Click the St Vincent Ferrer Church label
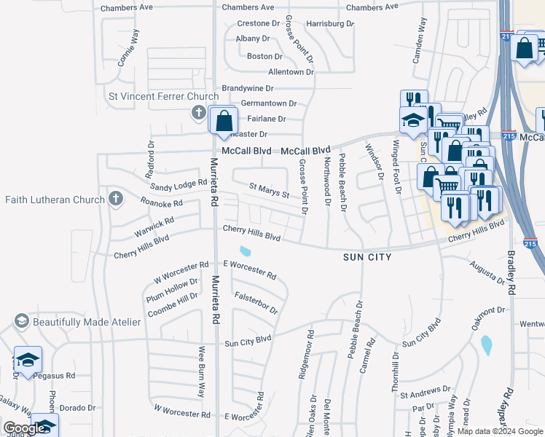click(x=163, y=96)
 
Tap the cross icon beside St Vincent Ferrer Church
click(x=198, y=112)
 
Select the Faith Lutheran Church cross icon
click(x=115, y=199)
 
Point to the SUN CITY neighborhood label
click(x=368, y=257)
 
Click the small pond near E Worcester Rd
click(x=246, y=252)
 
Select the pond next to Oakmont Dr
click(x=486, y=345)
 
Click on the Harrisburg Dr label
click(x=329, y=23)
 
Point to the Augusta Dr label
click(x=487, y=273)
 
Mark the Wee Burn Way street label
click(x=202, y=369)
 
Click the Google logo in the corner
click(x=24, y=428)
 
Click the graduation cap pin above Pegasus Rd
click(x=28, y=360)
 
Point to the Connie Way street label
click(x=128, y=46)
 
